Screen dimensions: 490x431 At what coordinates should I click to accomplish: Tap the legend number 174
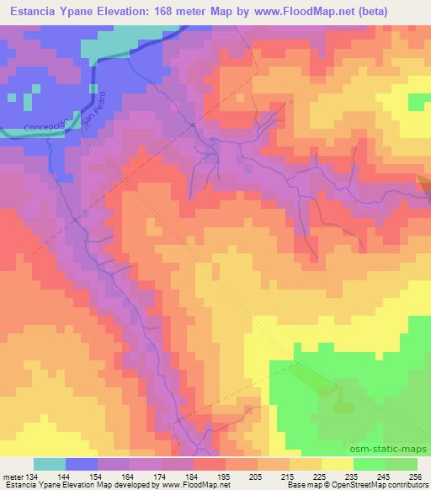tap(146, 476)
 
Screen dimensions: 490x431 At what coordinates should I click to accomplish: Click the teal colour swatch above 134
tap(50, 464)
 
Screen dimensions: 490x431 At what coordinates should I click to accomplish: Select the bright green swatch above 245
tap(370, 464)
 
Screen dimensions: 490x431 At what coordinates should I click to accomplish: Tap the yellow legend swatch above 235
tap(338, 464)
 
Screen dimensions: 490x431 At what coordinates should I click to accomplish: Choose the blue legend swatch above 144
tap(82, 464)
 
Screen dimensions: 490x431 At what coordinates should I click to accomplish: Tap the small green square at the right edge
tap(418, 102)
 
